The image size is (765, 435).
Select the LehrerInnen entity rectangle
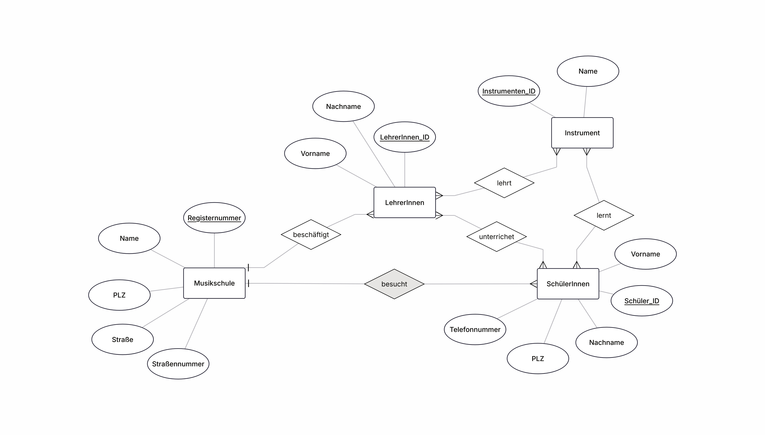pos(405,203)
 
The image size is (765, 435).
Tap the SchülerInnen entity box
pos(568,284)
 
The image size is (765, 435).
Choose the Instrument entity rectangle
pos(582,133)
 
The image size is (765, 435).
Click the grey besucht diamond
pos(394,284)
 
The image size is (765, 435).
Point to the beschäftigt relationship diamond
pos(311,234)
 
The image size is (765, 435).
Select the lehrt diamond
pos(504,183)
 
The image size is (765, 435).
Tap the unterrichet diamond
pos(497,237)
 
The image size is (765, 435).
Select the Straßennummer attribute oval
pos(178,364)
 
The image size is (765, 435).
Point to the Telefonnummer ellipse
pos(475,330)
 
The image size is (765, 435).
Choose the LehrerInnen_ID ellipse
pos(405,137)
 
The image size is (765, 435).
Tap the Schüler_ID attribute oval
pos(642,301)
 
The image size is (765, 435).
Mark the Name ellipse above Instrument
pos(588,71)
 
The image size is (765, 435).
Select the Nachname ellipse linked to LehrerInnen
pos(343,106)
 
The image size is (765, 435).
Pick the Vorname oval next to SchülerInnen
pos(646,254)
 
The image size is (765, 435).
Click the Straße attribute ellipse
pos(122,339)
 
